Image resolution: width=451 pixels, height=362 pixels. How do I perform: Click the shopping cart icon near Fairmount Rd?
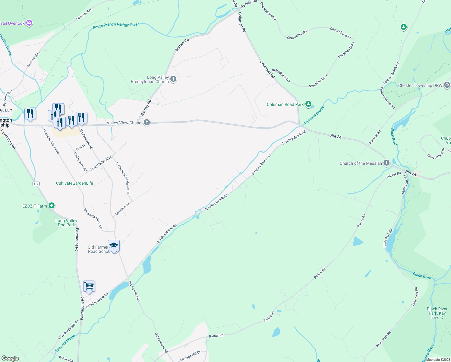[x=89, y=286]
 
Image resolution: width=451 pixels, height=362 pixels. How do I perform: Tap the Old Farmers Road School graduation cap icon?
[x=114, y=246]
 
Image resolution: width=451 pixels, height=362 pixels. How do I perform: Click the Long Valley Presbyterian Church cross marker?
[x=173, y=79]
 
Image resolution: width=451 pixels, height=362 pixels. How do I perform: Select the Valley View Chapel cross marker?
[x=147, y=123]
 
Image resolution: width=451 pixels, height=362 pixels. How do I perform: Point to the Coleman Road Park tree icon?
[x=308, y=104]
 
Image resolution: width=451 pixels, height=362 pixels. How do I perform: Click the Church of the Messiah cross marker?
[x=386, y=163]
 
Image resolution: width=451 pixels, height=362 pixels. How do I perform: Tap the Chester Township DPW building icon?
[x=447, y=85]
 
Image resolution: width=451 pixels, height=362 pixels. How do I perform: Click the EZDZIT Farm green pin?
[x=52, y=206]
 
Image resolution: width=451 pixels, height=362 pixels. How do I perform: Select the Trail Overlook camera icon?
[x=29, y=23]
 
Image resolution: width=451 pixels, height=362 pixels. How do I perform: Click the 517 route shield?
[x=36, y=184]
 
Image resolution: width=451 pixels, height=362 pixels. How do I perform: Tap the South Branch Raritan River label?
[x=116, y=26]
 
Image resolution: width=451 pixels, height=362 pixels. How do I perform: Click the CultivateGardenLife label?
[x=74, y=183]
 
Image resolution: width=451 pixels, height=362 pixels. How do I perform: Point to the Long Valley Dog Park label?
[x=66, y=223]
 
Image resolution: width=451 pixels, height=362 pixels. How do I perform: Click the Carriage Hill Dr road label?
[x=190, y=356]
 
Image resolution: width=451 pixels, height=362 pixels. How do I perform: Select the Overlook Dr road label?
[x=122, y=209]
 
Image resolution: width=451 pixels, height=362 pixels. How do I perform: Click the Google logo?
[x=10, y=358]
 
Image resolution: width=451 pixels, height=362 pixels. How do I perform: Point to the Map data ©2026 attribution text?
[x=437, y=360]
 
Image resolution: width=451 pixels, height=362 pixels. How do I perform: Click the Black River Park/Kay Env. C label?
[x=437, y=313]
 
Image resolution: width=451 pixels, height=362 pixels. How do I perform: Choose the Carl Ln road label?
[x=81, y=147]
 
